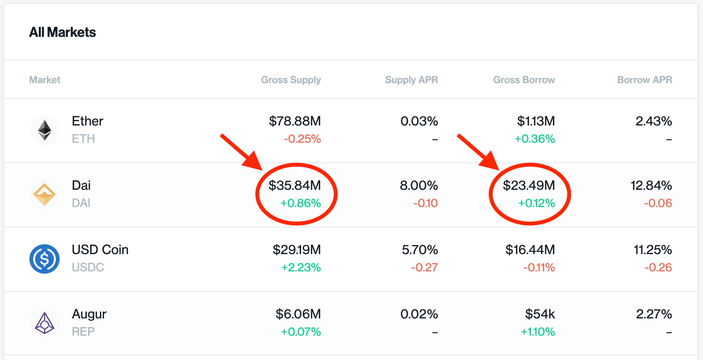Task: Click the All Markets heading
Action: pos(62,32)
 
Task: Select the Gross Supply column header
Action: pos(291,80)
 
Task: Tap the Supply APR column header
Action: pos(411,80)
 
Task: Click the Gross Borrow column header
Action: pos(524,80)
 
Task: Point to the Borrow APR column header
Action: pos(644,80)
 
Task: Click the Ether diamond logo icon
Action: pos(44,130)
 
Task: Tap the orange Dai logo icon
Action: pos(44,195)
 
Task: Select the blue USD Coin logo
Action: pos(44,259)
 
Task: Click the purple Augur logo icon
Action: pos(44,323)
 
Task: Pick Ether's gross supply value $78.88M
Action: pos(295,121)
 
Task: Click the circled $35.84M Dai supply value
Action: pos(295,185)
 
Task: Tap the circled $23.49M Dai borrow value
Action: pos(529,185)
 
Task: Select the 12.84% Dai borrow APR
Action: pos(651,185)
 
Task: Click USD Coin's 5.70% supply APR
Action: pos(419,250)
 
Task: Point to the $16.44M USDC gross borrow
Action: pos(530,250)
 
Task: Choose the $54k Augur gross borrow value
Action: pos(540,314)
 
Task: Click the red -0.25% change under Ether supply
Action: pos(302,139)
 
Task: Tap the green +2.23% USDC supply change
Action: pos(301,267)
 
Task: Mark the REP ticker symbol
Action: pos(83,332)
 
